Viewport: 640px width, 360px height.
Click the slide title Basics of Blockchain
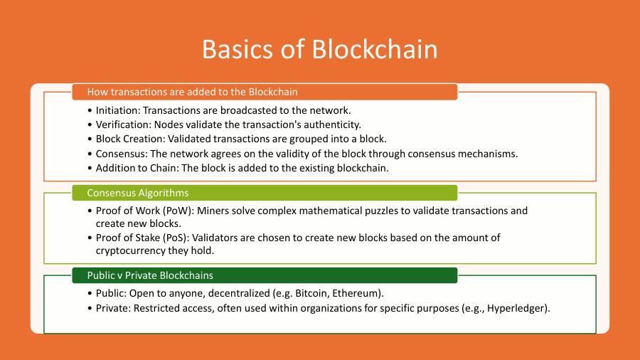(x=319, y=49)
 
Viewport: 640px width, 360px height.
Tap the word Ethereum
(x=341, y=293)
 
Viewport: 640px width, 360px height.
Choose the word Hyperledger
(x=517, y=308)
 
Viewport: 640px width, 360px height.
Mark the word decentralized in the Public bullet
(x=230, y=293)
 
